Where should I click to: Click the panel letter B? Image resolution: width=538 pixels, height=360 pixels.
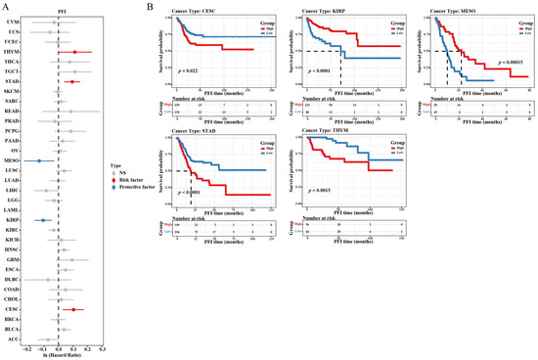(148, 6)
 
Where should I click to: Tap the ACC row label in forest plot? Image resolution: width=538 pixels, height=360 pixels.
(14, 339)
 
